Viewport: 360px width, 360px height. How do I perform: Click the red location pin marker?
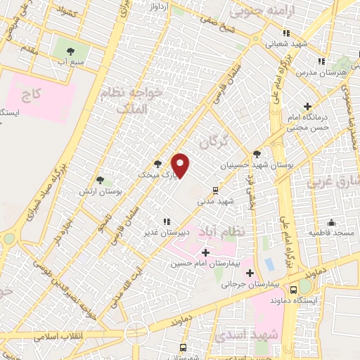coord(181,165)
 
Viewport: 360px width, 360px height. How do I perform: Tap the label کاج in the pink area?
coord(32,93)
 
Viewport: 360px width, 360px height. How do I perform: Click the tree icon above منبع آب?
coord(70,51)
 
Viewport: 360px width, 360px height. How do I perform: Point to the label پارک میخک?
coord(153,173)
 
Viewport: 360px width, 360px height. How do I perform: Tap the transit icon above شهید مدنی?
coord(216,189)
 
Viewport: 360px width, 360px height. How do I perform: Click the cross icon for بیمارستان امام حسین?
coord(205,252)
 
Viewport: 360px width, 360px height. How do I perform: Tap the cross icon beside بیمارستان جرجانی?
coord(250,273)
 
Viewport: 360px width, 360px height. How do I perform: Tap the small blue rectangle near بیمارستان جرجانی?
coord(269,265)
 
